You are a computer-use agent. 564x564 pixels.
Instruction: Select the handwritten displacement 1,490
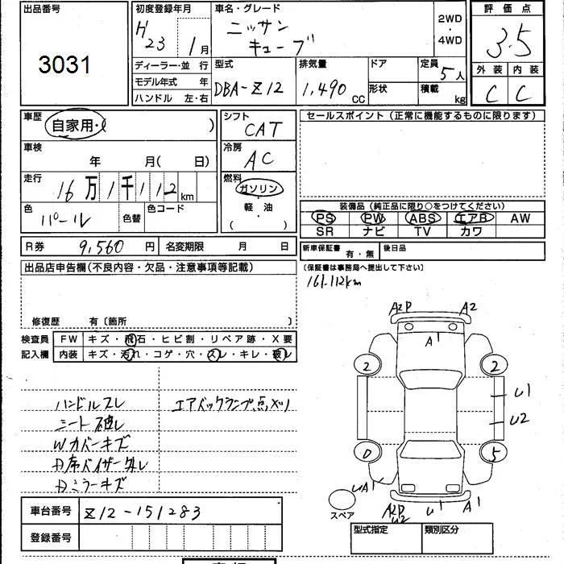pos(322,86)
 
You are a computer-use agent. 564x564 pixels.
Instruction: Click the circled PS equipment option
pos(325,218)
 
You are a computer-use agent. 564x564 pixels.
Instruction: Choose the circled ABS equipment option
pos(423,218)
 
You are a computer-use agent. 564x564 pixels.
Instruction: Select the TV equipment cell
pos(423,230)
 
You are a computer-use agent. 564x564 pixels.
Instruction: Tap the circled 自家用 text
pos(73,125)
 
